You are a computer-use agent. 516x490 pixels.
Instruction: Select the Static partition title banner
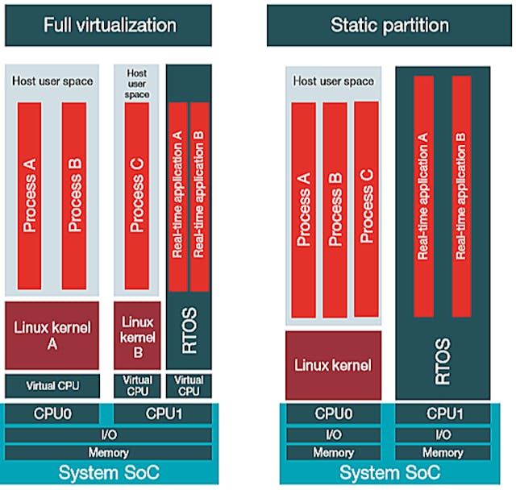click(x=389, y=25)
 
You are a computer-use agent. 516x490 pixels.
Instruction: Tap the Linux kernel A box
click(x=52, y=334)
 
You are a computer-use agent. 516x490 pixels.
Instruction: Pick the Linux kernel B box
click(x=136, y=334)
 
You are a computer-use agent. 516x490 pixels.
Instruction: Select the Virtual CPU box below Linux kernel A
click(x=52, y=384)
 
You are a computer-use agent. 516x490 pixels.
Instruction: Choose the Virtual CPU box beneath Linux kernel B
click(x=136, y=385)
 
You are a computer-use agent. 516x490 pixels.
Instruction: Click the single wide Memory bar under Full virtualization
click(x=109, y=453)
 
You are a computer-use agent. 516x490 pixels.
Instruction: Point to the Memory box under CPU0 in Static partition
click(x=335, y=453)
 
